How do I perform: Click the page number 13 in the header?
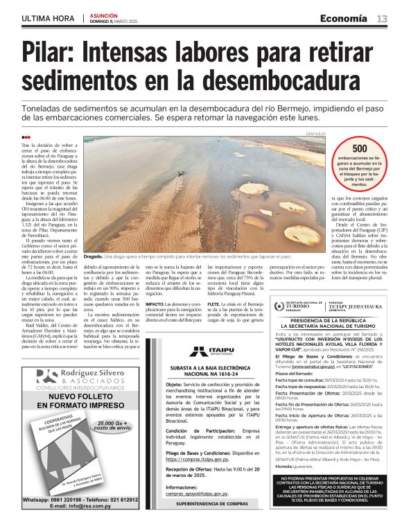382,18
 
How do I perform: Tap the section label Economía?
344,18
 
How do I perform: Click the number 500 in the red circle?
360,148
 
